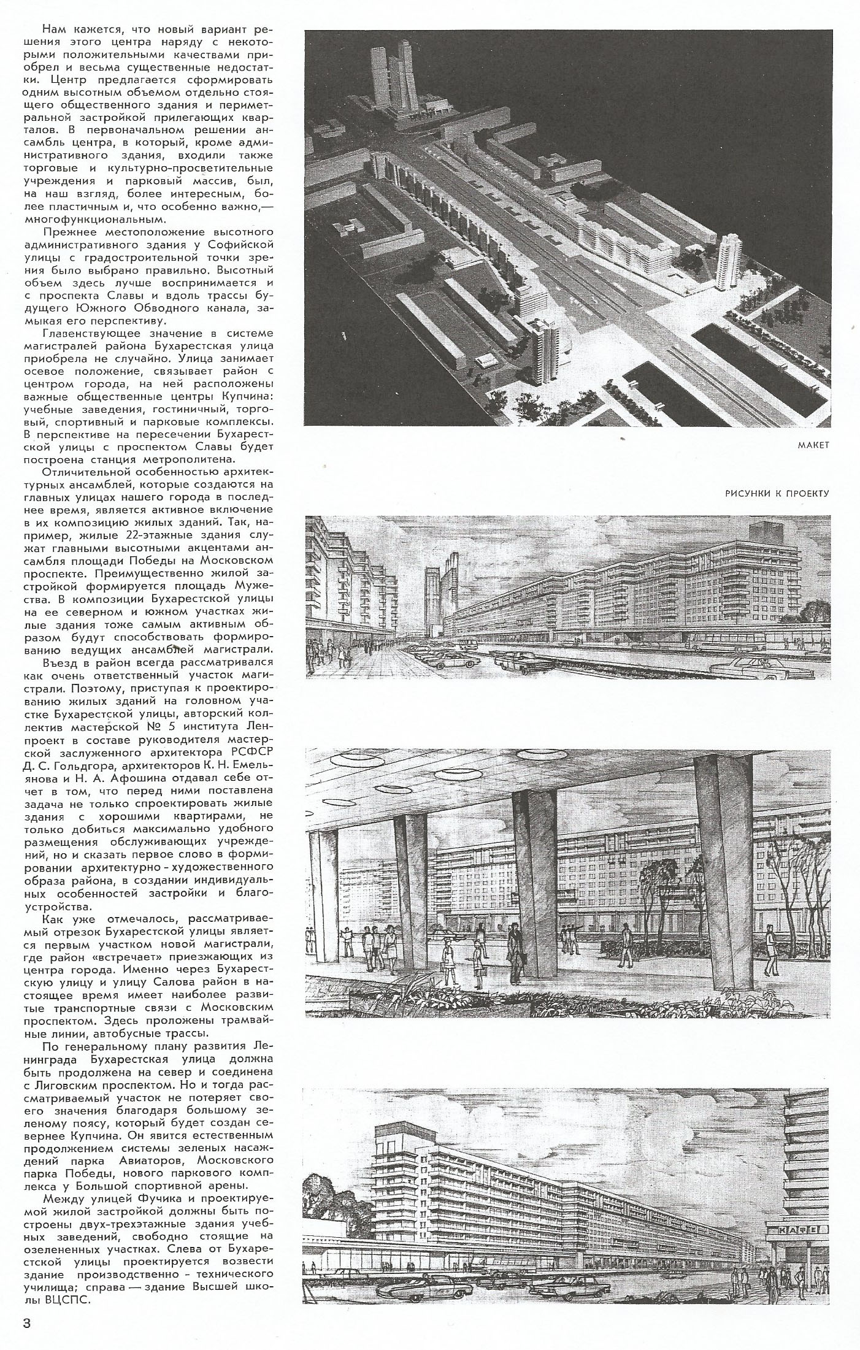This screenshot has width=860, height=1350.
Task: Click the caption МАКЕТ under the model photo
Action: coord(813,445)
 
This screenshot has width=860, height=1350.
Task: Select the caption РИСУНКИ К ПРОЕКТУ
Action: coord(777,493)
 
